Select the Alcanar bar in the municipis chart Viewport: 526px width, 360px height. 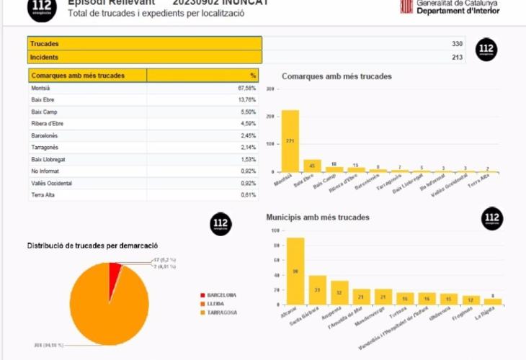[x=295, y=271]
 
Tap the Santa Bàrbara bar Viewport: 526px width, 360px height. [x=318, y=289]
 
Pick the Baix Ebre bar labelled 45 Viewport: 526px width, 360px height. [x=312, y=166]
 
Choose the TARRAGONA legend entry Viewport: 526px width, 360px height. [x=223, y=312]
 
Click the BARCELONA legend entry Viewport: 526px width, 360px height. [x=223, y=295]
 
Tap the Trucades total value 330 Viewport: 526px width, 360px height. [x=457, y=44]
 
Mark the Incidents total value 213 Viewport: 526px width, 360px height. [x=457, y=57]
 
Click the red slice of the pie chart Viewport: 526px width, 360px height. [x=115, y=271]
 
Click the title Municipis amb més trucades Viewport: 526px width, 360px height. [x=318, y=217]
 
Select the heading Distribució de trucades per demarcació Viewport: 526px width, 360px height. [x=92, y=246]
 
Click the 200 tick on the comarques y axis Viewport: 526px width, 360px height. [x=271, y=116]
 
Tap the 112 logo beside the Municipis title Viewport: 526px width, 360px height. [x=493, y=218]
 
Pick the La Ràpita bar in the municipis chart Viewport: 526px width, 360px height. [x=493, y=301]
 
